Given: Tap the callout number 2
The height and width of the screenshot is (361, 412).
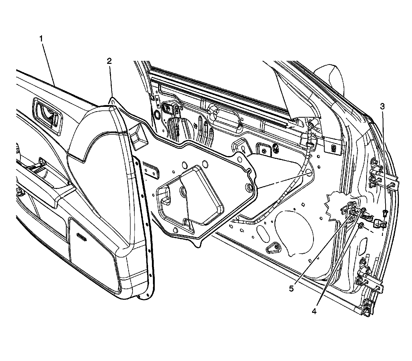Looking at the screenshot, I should (x=109, y=61).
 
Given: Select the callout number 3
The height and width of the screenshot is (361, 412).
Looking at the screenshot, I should (x=383, y=106).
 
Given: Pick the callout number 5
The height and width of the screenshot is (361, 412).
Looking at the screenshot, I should (x=291, y=289).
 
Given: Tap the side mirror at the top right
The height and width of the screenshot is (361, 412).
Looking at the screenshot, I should (x=332, y=77).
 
